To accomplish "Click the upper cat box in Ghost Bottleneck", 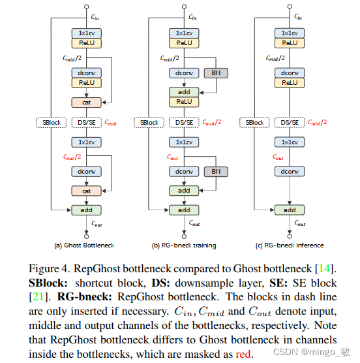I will click(86, 103).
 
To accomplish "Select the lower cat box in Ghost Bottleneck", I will click(86, 191).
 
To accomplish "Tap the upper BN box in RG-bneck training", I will click(215, 73).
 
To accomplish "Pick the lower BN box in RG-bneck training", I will click(215, 171).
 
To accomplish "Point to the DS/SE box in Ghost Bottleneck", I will click(86, 122).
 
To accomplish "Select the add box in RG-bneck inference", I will click(289, 210).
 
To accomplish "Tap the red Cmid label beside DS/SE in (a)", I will click(112, 122).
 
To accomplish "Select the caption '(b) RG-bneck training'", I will click(184, 245).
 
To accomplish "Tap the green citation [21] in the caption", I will click(37, 297).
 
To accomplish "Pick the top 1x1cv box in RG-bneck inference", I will click(289, 33).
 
